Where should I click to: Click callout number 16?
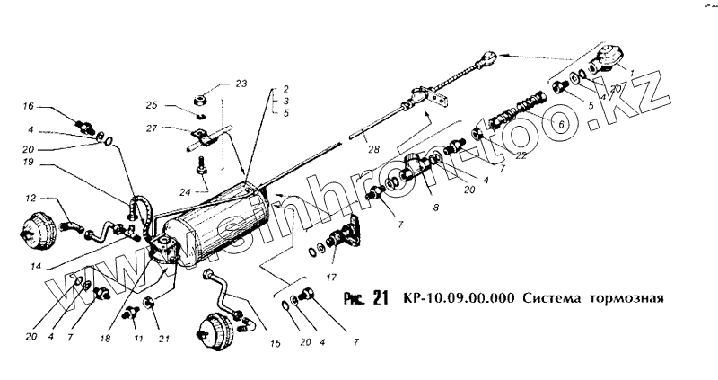tap(29, 105)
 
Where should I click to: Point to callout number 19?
tap(29, 163)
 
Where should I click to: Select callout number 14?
tap(36, 266)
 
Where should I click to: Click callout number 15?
tap(276, 342)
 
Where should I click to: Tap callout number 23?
tap(241, 84)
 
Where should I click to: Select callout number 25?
tap(152, 105)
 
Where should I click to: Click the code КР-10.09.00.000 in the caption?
tap(459, 299)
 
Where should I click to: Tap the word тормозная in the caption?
tap(626, 299)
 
